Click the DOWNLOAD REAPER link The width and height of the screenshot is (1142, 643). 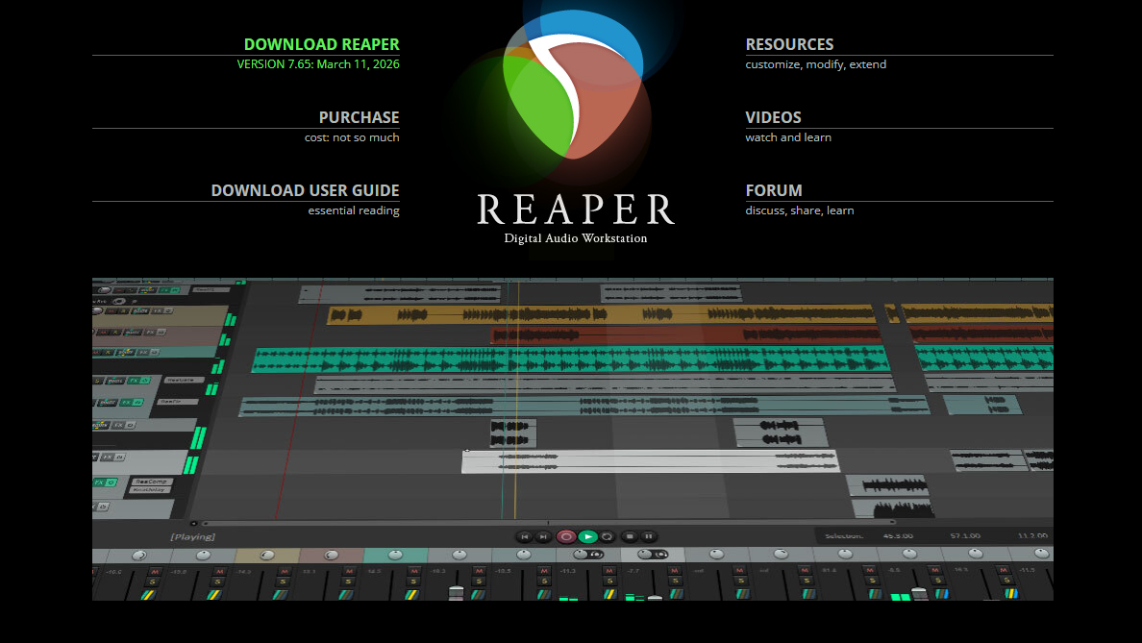click(321, 44)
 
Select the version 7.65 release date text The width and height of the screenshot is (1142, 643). click(318, 64)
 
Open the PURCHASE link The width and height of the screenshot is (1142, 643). click(359, 117)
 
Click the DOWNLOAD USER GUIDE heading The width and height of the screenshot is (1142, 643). click(305, 190)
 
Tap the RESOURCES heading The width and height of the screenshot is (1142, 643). click(789, 44)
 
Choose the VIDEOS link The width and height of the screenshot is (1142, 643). click(773, 117)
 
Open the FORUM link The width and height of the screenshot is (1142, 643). click(774, 190)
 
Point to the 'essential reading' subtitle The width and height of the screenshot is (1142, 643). click(354, 210)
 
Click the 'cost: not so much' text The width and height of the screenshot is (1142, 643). click(352, 137)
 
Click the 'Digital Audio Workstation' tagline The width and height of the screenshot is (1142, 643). click(576, 238)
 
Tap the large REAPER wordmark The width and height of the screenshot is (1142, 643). click(576, 210)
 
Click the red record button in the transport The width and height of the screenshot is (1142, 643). click(566, 536)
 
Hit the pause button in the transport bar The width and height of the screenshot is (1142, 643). click(649, 536)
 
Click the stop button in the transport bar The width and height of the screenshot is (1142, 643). click(629, 536)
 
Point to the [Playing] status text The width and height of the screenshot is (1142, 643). click(192, 536)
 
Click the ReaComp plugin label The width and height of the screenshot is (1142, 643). click(149, 481)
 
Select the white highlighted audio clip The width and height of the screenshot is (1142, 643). click(650, 461)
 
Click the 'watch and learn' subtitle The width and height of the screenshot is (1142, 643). click(788, 137)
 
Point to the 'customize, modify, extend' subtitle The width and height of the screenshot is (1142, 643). click(815, 64)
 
